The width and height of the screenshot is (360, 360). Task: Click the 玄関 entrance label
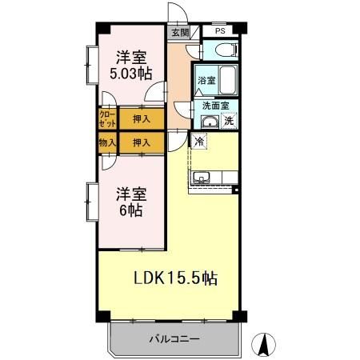tap(179, 33)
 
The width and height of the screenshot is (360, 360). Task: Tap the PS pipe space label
tap(219, 32)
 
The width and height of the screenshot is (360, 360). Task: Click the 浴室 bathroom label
tap(207, 80)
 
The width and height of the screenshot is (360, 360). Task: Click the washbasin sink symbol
tap(209, 122)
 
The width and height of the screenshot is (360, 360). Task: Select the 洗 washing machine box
tap(229, 122)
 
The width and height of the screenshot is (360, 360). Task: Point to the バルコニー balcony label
tap(174, 339)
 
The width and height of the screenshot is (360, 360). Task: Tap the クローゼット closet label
tap(107, 119)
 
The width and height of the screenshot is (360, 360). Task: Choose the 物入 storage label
tap(107, 142)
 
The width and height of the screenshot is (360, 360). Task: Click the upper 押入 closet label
tap(141, 119)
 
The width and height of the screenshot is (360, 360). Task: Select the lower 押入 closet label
tap(141, 142)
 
